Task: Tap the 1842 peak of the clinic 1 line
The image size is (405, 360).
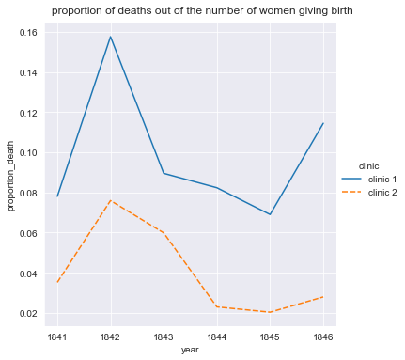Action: (111, 37)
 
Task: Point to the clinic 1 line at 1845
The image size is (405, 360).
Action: (272, 214)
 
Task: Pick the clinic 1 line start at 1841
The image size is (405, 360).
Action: (57, 196)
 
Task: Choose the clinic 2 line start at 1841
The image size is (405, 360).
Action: (57, 282)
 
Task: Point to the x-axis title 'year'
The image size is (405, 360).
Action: (191, 351)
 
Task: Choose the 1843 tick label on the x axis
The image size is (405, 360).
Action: (164, 336)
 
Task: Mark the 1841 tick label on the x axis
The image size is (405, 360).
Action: (57, 336)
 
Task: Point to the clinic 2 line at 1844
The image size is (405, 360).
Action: (218, 306)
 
